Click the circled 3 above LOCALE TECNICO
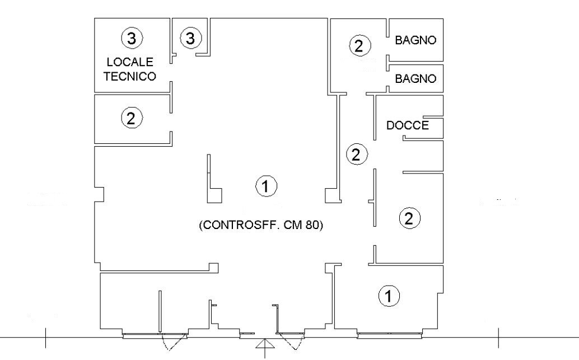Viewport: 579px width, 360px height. click(x=132, y=39)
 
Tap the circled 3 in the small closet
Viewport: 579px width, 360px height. click(x=190, y=39)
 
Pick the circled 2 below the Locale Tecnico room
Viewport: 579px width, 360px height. click(x=131, y=118)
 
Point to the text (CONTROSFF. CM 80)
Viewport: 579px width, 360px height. click(x=262, y=226)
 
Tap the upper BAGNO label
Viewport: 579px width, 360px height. click(x=415, y=41)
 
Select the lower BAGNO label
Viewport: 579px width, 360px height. click(x=415, y=79)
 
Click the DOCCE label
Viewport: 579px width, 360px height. click(x=408, y=125)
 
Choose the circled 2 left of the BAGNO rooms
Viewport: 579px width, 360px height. click(x=359, y=46)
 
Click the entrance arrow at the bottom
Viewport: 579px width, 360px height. click(x=264, y=348)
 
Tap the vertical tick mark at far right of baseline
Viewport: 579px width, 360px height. click(x=498, y=338)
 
